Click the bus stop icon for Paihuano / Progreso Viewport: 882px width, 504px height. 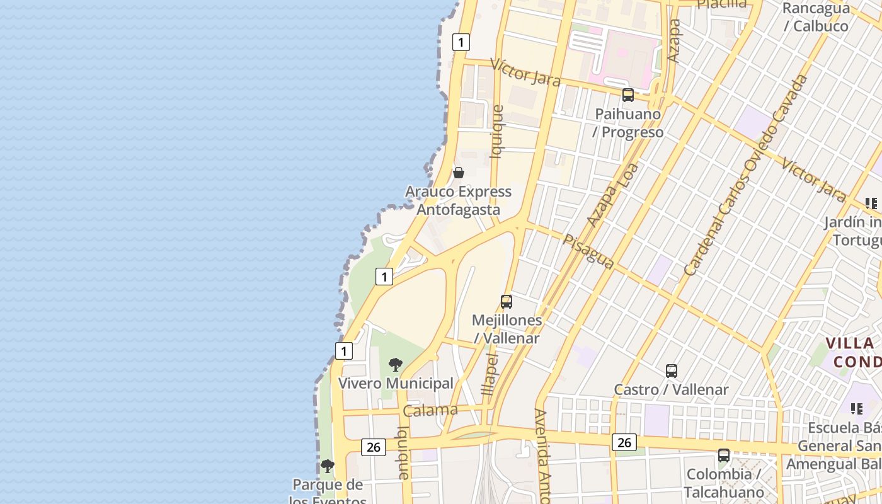pyautogui.click(x=628, y=95)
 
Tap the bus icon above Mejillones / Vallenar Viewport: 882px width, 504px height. pyautogui.click(x=507, y=301)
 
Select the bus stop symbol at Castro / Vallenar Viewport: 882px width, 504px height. pyautogui.click(x=672, y=371)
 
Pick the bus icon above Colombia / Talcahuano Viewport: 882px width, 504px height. pyautogui.click(x=724, y=455)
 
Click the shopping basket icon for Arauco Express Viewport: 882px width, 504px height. pyautogui.click(x=459, y=173)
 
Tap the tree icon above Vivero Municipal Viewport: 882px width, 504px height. pyautogui.click(x=396, y=364)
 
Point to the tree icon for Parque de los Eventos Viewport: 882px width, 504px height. pyautogui.click(x=327, y=466)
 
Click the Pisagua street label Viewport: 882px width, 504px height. pyautogui.click(x=588, y=252)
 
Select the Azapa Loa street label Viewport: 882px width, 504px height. pyautogui.click(x=612, y=195)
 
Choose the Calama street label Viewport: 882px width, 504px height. pyautogui.click(x=430, y=411)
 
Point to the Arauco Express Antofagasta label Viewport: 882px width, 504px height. pyautogui.click(x=458, y=200)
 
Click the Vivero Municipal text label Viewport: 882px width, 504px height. pyautogui.click(x=396, y=383)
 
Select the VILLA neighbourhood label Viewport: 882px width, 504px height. pyautogui.click(x=850, y=343)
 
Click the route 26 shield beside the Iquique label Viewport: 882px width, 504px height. pyautogui.click(x=374, y=447)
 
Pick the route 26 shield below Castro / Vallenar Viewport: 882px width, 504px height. pyautogui.click(x=624, y=442)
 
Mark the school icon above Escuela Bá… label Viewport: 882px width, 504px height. pyautogui.click(x=856, y=409)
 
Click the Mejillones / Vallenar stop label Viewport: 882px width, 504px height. pyautogui.click(x=507, y=329)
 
